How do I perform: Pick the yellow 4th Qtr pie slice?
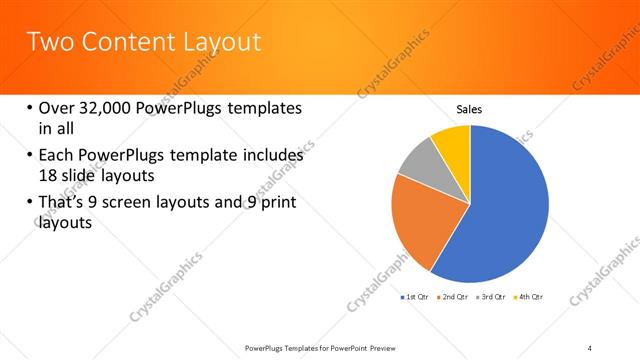[x=453, y=140]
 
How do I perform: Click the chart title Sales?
[x=470, y=109]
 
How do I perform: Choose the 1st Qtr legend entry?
[x=414, y=297]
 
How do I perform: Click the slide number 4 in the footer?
[x=590, y=347]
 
